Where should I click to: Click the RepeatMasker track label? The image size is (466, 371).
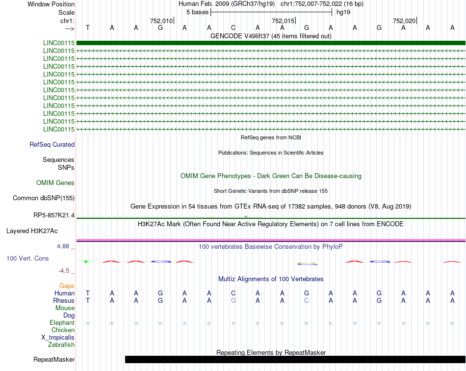click(54, 360)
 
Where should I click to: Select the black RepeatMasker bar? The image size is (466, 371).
click(295, 359)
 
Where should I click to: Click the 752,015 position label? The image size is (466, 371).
click(283, 21)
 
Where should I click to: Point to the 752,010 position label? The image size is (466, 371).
click(161, 21)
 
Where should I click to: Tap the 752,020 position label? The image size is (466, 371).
click(404, 21)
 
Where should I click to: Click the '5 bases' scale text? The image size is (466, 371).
click(197, 12)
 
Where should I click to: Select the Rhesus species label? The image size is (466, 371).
click(64, 301)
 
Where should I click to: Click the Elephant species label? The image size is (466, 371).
click(62, 323)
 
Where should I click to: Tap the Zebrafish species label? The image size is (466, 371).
click(61, 345)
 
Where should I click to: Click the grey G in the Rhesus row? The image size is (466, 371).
click(233, 301)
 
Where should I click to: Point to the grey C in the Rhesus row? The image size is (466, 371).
click(307, 301)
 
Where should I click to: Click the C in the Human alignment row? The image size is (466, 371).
click(233, 293)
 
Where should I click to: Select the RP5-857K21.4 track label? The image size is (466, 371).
click(54, 215)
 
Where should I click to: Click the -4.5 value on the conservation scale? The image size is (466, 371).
click(65, 270)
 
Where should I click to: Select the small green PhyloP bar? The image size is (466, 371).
click(86, 262)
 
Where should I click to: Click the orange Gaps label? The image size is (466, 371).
click(67, 286)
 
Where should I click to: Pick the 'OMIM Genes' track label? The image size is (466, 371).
click(55, 183)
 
